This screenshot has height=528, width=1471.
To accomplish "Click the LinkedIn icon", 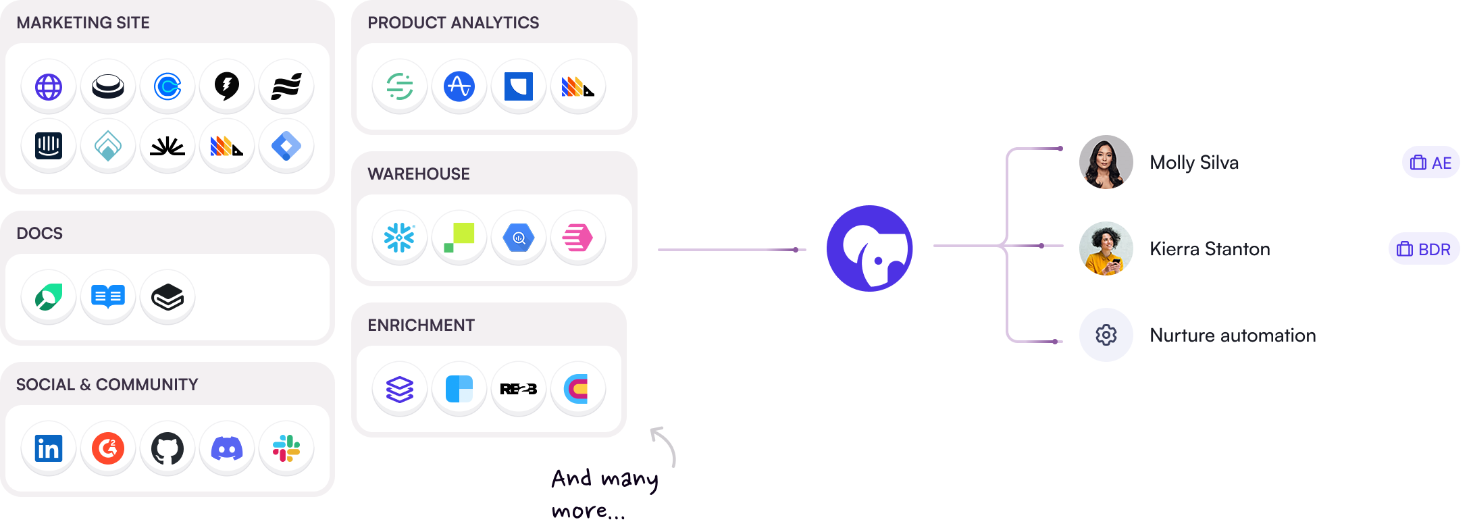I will (49, 448).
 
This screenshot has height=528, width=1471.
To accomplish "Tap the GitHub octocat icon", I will (167, 448).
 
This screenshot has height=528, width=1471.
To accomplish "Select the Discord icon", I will (227, 448).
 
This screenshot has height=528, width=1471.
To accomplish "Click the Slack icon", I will (286, 448).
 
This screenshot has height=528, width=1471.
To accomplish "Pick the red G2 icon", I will (108, 448).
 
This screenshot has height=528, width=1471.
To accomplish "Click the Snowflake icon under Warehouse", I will (400, 238).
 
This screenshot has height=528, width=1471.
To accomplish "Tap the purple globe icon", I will (49, 86).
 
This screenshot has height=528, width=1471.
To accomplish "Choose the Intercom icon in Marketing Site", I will (49, 146).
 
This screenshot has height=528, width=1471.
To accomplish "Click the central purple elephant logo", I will (870, 248).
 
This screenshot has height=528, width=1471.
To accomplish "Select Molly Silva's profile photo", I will (1106, 162).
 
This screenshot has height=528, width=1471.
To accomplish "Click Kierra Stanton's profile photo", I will (1106, 248).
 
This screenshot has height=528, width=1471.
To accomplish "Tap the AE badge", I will (1431, 163).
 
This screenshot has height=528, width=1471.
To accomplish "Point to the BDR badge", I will (1424, 249).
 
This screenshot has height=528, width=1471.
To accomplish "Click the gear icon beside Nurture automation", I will (1106, 335).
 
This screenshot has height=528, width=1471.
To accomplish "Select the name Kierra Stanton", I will (1210, 249).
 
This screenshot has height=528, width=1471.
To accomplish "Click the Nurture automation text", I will (1233, 336).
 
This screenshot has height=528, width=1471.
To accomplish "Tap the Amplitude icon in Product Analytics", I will (459, 86).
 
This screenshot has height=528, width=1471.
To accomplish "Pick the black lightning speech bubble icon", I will (227, 86).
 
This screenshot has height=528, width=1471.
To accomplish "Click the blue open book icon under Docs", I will (108, 297).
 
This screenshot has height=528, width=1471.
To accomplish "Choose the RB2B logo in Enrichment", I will (519, 389).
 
